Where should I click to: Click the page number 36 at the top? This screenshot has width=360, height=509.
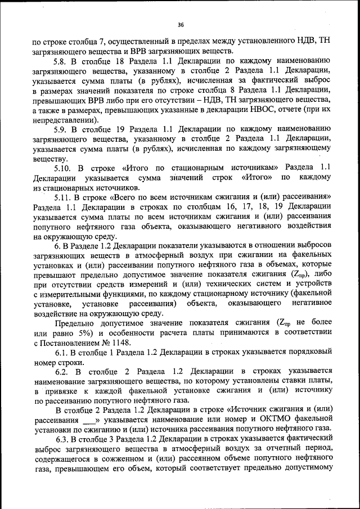click(181, 25)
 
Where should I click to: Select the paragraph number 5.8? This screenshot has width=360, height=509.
click(61, 60)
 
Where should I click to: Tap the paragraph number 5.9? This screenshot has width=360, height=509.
click(61, 129)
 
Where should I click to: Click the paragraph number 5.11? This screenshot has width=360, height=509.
click(63, 197)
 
